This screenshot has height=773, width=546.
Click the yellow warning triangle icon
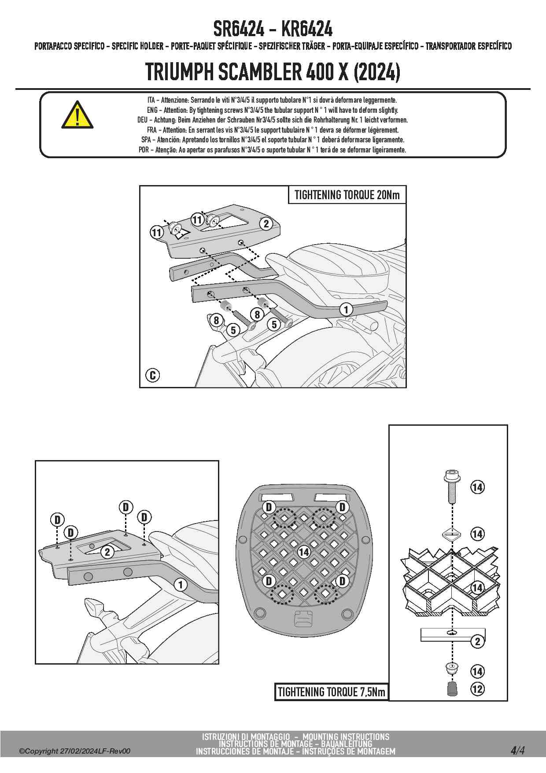pos(77,115)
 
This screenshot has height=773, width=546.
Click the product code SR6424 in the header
pos(239,30)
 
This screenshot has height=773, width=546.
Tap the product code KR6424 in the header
pos(306,30)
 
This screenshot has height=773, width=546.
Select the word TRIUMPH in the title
pos(179,72)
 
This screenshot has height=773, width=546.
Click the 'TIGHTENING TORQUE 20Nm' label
pos(347,195)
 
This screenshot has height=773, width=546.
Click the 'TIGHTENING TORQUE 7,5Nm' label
pos(332,692)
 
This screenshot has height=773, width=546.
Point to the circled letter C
pos(152,375)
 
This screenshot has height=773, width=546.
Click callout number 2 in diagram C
pos(266,224)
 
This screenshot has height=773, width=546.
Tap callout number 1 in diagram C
pos(346,309)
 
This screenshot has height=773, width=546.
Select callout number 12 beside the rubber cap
pos(477,689)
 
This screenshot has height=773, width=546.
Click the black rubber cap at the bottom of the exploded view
pos(452,688)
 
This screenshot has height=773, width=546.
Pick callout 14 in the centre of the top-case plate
pos(304,552)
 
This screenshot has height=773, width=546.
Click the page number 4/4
pos(517,751)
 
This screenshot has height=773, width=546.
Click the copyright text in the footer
pos(74,751)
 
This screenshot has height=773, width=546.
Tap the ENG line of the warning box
pos(272,110)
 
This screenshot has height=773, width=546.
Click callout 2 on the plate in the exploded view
pos(478,641)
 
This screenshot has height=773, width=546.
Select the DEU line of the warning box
pos(272,120)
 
